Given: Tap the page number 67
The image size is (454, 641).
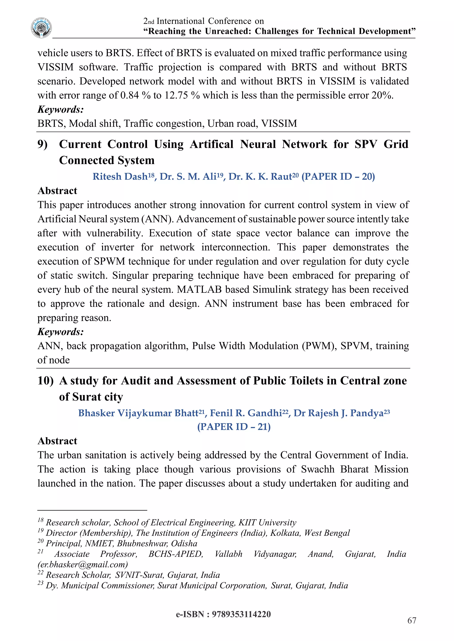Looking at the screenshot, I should click(x=411, y=620).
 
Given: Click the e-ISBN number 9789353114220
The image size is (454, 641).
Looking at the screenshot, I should click(x=241, y=614).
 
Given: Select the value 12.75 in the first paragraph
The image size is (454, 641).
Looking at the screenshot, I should click(x=176, y=95).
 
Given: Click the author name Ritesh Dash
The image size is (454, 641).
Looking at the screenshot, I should click(x=120, y=176).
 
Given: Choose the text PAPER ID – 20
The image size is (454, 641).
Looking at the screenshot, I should click(x=338, y=176).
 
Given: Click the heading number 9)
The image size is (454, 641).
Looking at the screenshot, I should click(x=43, y=144).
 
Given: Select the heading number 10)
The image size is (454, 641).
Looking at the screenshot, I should click(x=45, y=381).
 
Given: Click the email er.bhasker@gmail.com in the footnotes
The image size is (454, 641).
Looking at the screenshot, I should click(x=83, y=564).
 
